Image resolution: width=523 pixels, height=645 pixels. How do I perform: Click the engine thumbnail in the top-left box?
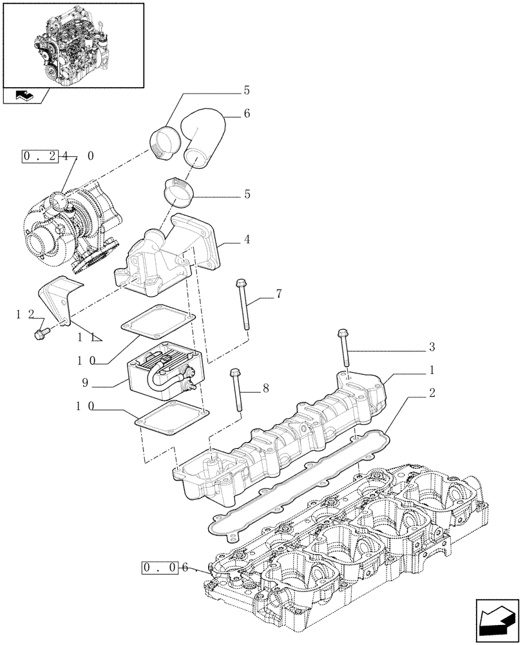(x=72, y=44)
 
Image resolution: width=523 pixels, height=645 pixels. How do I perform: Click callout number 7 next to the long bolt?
(x=278, y=295)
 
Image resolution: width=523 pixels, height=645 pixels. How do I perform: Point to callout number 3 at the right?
(x=432, y=347)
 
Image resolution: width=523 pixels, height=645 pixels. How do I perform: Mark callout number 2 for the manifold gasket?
(x=432, y=393)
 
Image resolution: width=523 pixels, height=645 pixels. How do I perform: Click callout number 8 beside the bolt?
(x=265, y=389)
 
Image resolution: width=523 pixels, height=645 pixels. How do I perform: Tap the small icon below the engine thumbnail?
(x=26, y=96)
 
